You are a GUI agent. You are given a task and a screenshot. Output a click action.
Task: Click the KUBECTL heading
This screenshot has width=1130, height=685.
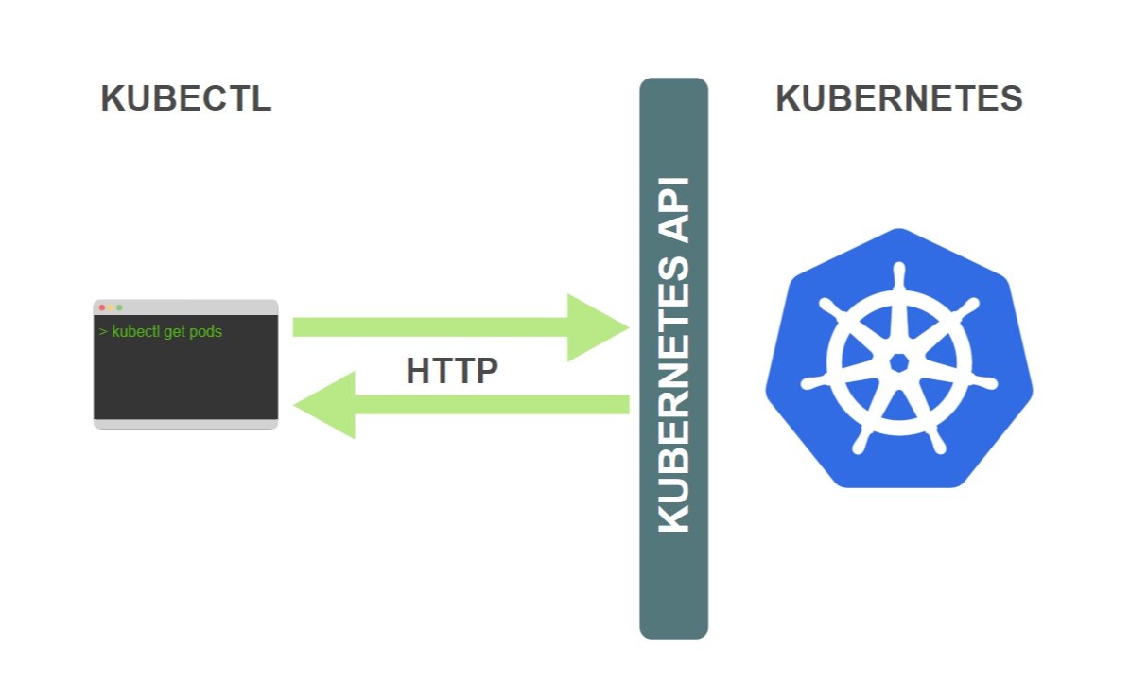click(x=186, y=98)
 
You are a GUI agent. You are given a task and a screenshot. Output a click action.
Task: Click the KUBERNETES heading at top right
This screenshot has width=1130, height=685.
click(x=899, y=98)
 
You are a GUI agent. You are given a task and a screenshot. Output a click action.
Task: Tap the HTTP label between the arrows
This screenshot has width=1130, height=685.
click(x=452, y=371)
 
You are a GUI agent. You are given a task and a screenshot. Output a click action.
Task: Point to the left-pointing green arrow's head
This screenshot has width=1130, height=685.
click(x=325, y=405)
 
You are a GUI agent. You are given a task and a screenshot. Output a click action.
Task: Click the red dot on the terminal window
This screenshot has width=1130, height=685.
click(x=101, y=307)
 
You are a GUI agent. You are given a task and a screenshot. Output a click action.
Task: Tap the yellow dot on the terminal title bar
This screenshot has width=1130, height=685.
click(x=111, y=307)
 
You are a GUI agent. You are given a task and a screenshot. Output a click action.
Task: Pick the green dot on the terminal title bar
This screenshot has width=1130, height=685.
click(x=120, y=307)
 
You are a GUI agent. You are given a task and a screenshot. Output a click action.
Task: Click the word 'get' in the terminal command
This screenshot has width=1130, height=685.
click(x=175, y=332)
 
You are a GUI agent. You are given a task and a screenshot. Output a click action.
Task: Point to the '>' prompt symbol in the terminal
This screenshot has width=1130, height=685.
click(x=103, y=332)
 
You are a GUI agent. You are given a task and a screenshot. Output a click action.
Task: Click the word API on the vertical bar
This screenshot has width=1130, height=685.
click(x=674, y=209)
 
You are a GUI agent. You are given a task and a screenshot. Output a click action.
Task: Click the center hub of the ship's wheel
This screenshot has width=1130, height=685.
click(x=898, y=362)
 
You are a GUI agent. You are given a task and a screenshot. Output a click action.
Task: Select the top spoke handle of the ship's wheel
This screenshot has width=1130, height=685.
click(x=898, y=277)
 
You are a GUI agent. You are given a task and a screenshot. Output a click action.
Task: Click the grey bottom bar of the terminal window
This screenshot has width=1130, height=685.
click(x=186, y=424)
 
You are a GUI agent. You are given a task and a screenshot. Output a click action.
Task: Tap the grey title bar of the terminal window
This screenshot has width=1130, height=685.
click(x=186, y=307)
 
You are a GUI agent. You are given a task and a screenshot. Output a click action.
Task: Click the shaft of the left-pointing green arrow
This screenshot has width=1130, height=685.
click(x=493, y=405)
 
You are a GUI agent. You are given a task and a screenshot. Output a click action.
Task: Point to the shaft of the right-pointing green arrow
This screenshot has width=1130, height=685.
click(x=430, y=327)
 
